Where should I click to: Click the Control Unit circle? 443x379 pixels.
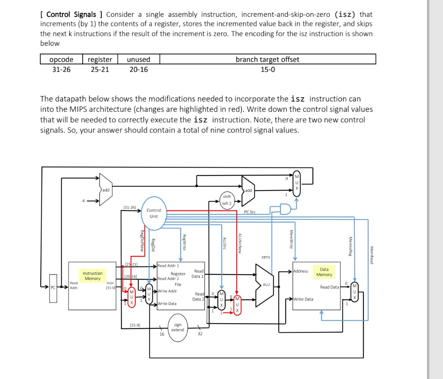(154, 213)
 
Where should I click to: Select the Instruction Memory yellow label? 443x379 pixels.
(93, 276)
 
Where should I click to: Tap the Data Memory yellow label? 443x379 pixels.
(324, 272)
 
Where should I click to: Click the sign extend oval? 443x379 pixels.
(177, 327)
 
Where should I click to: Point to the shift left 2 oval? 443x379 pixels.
(227, 200)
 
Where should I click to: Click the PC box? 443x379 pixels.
(53, 286)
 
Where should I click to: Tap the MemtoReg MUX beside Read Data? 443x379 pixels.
(354, 293)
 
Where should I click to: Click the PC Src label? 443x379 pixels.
(250, 212)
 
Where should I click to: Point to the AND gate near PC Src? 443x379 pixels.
(286, 210)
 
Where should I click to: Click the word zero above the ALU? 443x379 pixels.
(266, 257)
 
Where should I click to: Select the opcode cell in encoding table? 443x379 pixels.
(61, 60)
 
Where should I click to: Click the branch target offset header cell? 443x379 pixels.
(267, 60)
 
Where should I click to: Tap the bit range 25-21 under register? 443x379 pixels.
(100, 69)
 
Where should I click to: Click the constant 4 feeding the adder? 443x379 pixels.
(85, 201)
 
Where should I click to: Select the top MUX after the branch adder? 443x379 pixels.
(296, 182)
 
